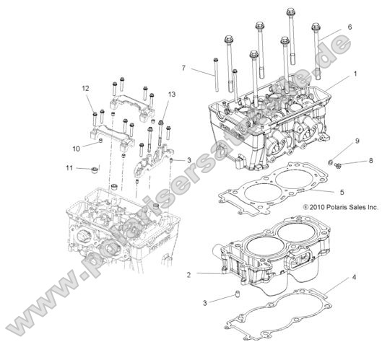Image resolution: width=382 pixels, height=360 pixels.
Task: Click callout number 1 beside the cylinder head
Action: pyautogui.click(x=355, y=74)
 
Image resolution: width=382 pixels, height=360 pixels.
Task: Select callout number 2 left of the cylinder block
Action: pyautogui.click(x=189, y=275)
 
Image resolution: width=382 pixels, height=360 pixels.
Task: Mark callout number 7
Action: pyautogui.click(x=184, y=69)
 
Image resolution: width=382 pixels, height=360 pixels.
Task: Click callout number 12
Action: pyautogui.click(x=85, y=88)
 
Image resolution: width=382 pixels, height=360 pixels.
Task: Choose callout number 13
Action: pyautogui.click(x=172, y=95)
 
